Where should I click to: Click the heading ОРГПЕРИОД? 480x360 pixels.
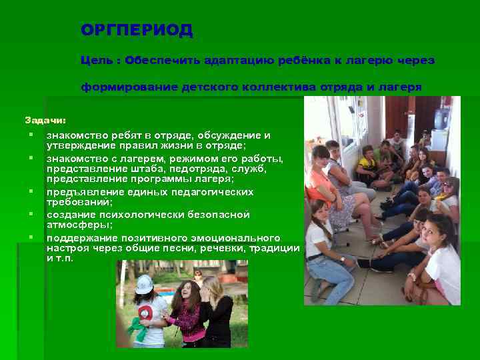[x=137, y=31]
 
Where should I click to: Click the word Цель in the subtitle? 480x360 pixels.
[x=96, y=61]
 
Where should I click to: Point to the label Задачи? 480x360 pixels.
[x=45, y=121]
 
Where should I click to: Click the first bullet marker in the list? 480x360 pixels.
[x=31, y=135]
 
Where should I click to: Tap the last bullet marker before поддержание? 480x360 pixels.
[x=31, y=237]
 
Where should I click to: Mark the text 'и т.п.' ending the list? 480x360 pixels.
[x=59, y=258]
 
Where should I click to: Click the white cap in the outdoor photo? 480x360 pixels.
[x=144, y=284]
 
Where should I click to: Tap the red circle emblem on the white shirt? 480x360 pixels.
[x=145, y=314]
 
